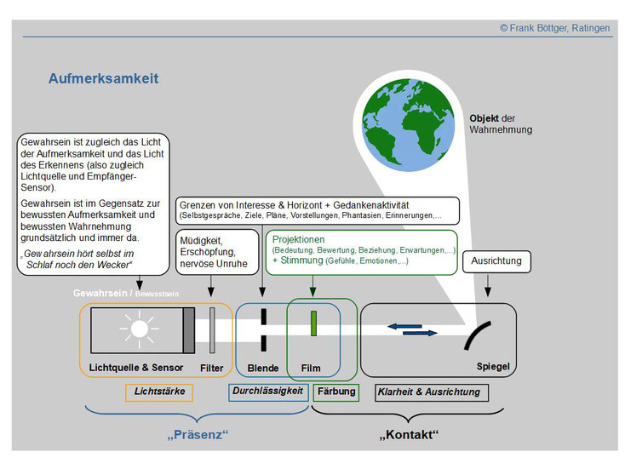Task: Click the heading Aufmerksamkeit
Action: pyautogui.click(x=104, y=78)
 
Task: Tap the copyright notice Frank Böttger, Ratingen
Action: pyautogui.click(x=555, y=28)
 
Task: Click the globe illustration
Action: pyautogui.click(x=408, y=125)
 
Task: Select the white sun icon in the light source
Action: pyautogui.click(x=139, y=329)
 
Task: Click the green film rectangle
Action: pyautogui.click(x=313, y=323)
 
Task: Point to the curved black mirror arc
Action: pyautogui.click(x=475, y=333)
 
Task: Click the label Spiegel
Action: pyautogui.click(x=493, y=366)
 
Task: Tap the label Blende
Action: pyautogui.click(x=262, y=368)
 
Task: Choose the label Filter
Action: pyautogui.click(x=212, y=368)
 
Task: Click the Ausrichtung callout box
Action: pyautogui.click(x=496, y=261)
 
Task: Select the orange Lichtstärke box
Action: pyautogui.click(x=159, y=392)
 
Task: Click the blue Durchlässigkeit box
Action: pyautogui.click(x=268, y=392)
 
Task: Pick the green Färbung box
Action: pyautogui.click(x=336, y=392)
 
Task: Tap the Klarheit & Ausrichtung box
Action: pyautogui.click(x=432, y=392)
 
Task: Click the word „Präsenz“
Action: pyautogui.click(x=198, y=434)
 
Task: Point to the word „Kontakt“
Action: pyautogui.click(x=409, y=434)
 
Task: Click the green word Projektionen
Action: pyautogui.click(x=298, y=239)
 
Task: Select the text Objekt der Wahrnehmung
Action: pyautogui.click(x=501, y=124)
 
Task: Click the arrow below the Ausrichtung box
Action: pyautogui.click(x=488, y=285)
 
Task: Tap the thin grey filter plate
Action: pyautogui.click(x=212, y=330)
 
